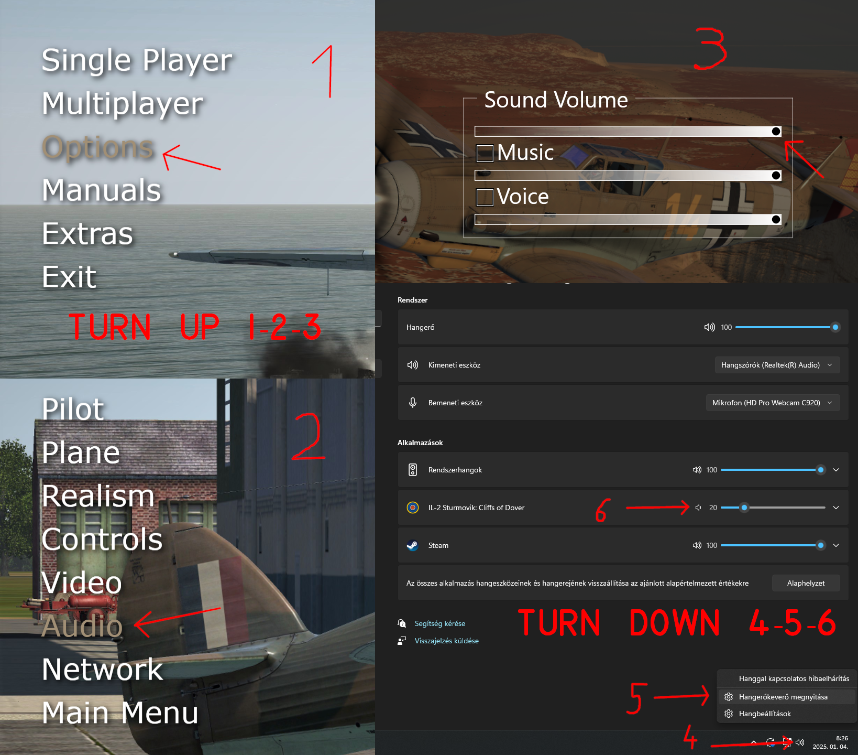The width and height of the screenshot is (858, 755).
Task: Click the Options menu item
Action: pyautogui.click(x=98, y=147)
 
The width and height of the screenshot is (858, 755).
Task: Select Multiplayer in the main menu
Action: pyautogui.click(x=123, y=104)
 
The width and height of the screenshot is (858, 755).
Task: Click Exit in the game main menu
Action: pyautogui.click(x=69, y=277)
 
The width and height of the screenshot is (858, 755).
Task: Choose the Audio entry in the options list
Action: pyautogui.click(x=82, y=625)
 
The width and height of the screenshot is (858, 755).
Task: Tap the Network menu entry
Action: pyautogui.click(x=103, y=669)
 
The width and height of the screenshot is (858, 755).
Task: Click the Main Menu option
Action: pyautogui.click(x=120, y=713)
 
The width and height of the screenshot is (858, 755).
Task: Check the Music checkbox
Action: pyautogui.click(x=485, y=153)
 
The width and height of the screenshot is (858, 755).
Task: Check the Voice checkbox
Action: pyautogui.click(x=485, y=197)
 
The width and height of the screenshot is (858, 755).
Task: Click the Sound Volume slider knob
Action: pyautogui.click(x=776, y=131)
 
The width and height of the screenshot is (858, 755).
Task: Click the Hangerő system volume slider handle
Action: pyautogui.click(x=835, y=327)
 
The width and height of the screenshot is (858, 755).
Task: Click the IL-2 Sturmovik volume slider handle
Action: pyautogui.click(x=744, y=508)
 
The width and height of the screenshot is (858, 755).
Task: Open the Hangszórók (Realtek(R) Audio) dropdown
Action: pyautogui.click(x=777, y=365)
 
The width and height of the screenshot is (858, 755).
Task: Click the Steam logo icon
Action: pyautogui.click(x=413, y=545)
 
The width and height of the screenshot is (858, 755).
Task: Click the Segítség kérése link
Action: pyautogui.click(x=440, y=623)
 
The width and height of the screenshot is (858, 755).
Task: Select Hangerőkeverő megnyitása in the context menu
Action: pyautogui.click(x=783, y=697)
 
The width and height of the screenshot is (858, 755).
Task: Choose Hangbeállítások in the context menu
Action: pyautogui.click(x=765, y=714)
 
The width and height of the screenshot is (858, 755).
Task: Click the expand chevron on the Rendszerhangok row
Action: pyautogui.click(x=836, y=470)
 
